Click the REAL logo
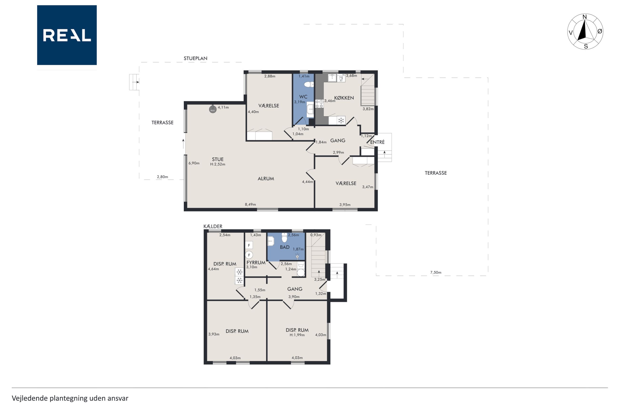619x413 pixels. (x=67, y=35)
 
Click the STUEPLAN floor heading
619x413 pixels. (x=195, y=58)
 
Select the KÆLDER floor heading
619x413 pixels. (x=213, y=226)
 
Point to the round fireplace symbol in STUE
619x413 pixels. (x=213, y=109)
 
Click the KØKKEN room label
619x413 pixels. (x=344, y=98)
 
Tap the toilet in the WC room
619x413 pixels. (x=309, y=85)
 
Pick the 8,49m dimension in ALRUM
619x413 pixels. (x=250, y=204)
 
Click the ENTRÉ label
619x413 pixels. (x=377, y=142)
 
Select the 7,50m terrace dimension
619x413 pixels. (x=436, y=272)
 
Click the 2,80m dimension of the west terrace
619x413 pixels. (x=162, y=177)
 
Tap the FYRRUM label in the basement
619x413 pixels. (x=256, y=263)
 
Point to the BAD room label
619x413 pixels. (x=285, y=247)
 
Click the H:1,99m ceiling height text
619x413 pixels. (x=297, y=335)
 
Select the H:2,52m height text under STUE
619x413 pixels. (x=218, y=164)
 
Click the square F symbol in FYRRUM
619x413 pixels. (x=249, y=245)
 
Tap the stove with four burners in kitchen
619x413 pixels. (x=319, y=104)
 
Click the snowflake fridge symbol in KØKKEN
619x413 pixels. (x=341, y=121)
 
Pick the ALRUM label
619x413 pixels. (x=266, y=178)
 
